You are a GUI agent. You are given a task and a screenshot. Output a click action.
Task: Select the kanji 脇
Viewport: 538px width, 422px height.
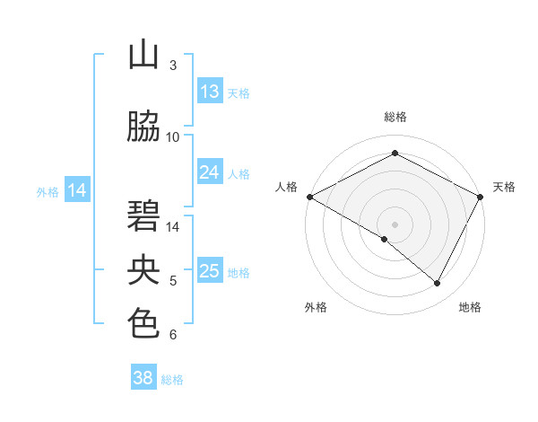143,127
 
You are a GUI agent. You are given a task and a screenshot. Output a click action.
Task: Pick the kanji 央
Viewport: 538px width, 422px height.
143,270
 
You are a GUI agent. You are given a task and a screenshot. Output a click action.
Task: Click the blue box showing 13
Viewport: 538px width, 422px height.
210,92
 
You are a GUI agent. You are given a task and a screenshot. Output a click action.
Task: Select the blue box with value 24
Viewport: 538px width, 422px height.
210,172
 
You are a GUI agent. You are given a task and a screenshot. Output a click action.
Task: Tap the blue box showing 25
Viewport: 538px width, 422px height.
210,271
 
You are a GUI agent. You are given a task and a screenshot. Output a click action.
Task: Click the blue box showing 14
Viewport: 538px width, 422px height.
77,190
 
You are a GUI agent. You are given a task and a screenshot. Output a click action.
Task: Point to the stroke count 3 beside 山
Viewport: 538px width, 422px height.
173,66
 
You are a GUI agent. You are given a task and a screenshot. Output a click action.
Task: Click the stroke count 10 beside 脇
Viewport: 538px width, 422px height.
173,137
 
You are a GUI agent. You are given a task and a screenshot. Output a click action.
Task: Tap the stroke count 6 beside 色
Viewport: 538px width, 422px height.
173,335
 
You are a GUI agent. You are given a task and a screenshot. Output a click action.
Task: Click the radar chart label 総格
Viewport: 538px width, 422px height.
395,117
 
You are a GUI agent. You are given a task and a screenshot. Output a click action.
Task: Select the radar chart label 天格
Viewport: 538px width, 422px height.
504,187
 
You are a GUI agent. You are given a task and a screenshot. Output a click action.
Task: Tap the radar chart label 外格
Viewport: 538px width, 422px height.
316,307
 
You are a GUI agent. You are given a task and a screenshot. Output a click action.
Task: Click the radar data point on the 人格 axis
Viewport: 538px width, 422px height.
309,197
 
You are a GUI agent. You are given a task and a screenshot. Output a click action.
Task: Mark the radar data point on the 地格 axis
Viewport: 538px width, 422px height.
438,283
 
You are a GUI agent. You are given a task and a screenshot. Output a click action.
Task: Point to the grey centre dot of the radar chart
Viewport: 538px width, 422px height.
395,224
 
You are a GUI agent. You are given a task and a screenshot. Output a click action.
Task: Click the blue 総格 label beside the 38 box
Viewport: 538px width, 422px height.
172,380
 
